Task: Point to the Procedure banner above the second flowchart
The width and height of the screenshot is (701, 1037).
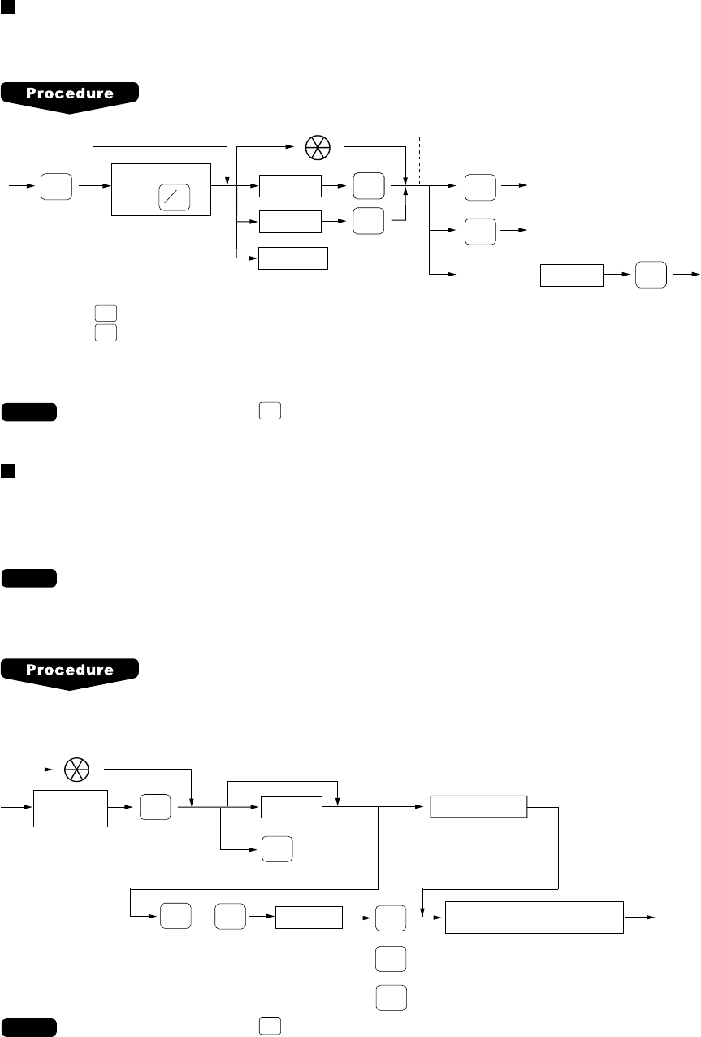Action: (x=70, y=672)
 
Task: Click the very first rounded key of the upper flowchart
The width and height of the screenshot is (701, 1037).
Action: (x=56, y=188)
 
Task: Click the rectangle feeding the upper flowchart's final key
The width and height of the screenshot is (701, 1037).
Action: (x=572, y=276)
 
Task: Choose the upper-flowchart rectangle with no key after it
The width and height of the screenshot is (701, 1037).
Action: (x=292, y=258)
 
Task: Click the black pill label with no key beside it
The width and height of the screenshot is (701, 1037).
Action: (x=29, y=579)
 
